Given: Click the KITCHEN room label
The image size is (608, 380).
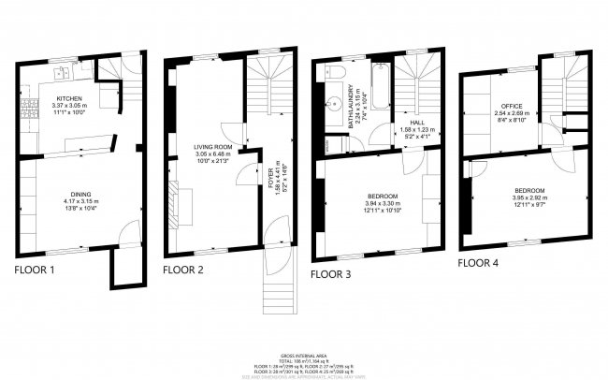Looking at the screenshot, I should [70, 98].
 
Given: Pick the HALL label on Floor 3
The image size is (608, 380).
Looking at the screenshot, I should [406, 121].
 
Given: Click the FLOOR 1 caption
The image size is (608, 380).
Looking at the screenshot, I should [35, 270].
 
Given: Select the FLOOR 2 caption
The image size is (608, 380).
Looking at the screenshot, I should [183, 270].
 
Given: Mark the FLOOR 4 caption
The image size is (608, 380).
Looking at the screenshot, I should [479, 263].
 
